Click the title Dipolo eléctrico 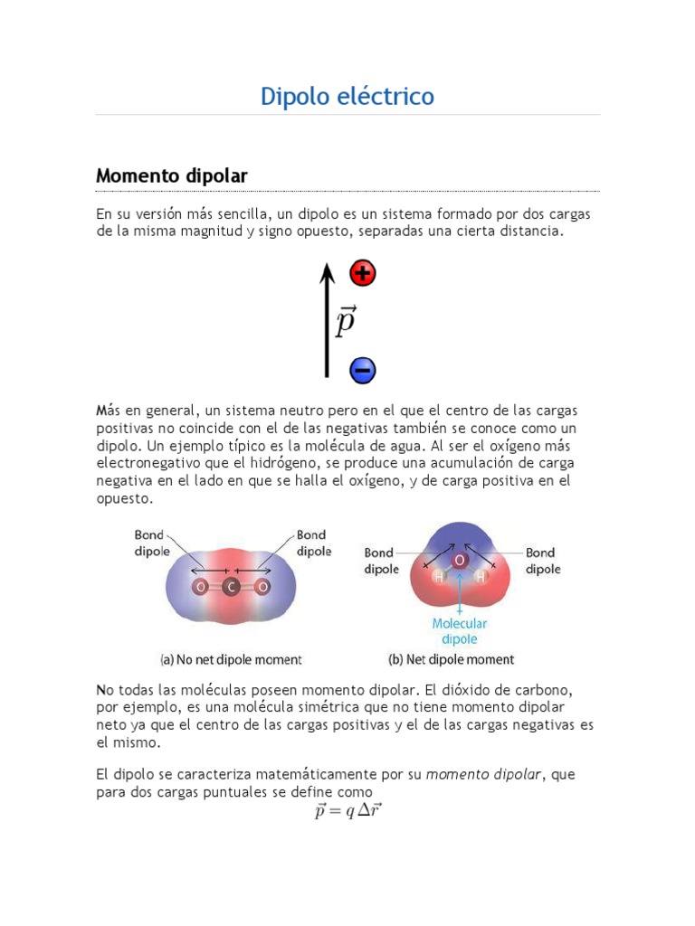click(x=347, y=96)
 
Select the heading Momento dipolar click(x=172, y=175)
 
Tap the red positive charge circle click(x=363, y=273)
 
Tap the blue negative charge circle click(x=363, y=369)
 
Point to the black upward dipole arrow click(x=328, y=321)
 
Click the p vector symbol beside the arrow click(x=345, y=322)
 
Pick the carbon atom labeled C click(x=232, y=588)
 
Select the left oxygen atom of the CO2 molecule click(x=200, y=588)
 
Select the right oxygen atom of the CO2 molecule click(x=262, y=588)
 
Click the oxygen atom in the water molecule click(x=460, y=561)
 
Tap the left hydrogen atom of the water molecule click(x=439, y=576)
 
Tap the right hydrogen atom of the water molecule click(x=481, y=576)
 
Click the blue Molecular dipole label click(x=460, y=631)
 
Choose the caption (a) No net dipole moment click(x=217, y=660)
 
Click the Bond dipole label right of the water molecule click(x=543, y=561)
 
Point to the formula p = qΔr click(x=348, y=811)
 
